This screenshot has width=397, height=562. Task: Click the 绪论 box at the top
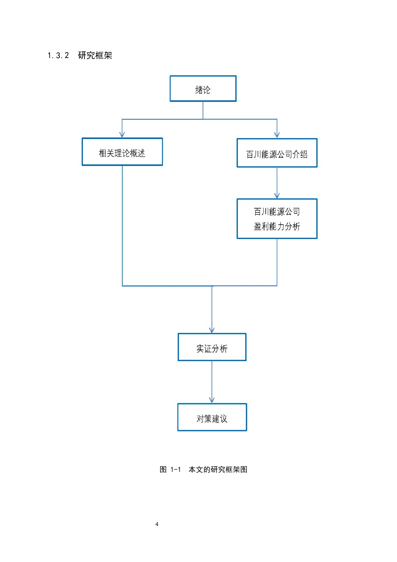tap(203, 89)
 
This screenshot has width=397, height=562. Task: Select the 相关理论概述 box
tap(122, 152)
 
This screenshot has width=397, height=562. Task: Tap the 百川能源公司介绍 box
tap(277, 153)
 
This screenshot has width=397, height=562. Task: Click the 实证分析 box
tap(212, 347)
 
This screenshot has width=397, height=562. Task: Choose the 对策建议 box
tap(212, 417)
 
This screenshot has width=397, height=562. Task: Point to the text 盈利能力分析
tap(277, 227)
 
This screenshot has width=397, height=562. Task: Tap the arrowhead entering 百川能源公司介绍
tap(277, 135)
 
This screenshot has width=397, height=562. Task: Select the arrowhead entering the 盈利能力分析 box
tap(277, 195)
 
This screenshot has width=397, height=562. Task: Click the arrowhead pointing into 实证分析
tap(212, 330)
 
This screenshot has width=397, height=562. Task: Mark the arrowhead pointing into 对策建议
tap(212, 400)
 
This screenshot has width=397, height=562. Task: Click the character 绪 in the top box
tap(199, 90)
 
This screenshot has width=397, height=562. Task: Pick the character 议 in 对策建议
tap(223, 419)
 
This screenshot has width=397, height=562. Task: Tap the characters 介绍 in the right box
tap(300, 154)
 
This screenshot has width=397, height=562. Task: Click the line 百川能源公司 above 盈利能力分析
tap(277, 211)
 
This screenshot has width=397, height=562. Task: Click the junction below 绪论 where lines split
tap(203, 119)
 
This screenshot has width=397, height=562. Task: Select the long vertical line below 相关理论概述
tap(122, 224)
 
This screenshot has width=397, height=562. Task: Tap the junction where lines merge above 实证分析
tap(212, 286)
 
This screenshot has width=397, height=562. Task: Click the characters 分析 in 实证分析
tap(220, 349)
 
